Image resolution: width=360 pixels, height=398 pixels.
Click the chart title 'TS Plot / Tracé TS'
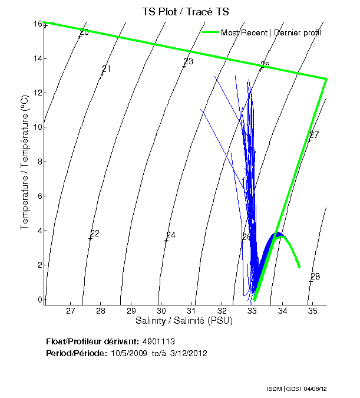(186, 12)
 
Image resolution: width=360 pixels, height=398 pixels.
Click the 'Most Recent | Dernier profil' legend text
(271, 32)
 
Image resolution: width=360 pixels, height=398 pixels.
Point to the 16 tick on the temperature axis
(37, 24)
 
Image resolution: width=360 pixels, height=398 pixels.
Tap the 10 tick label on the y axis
(37, 127)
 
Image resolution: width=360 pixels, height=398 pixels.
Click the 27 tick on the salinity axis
(71, 311)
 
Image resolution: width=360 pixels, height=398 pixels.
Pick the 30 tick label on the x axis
(161, 311)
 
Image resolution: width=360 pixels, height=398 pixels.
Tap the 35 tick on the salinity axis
(312, 311)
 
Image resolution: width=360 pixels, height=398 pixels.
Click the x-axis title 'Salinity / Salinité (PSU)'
(184, 321)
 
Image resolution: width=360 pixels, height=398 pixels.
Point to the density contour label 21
(107, 69)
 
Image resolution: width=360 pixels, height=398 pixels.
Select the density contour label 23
(189, 61)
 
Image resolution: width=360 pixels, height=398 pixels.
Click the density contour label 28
(315, 277)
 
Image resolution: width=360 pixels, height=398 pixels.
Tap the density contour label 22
(94, 233)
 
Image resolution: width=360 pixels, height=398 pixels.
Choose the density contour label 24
(171, 235)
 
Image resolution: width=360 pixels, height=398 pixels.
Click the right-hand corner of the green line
(326, 78)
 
